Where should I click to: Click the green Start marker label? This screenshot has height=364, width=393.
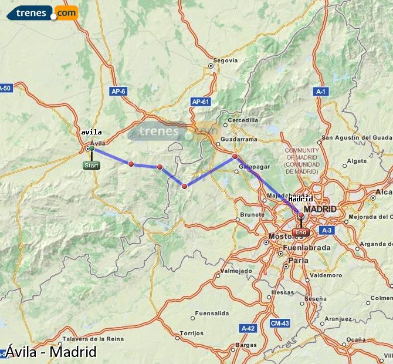click(92, 166)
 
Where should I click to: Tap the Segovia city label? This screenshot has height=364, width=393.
click(225, 60)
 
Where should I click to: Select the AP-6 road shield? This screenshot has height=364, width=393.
click(118, 91)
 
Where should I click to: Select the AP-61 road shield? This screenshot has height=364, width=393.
click(200, 102)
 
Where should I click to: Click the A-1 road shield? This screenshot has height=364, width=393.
click(321, 92)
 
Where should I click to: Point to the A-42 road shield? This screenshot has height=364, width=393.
click(248, 328)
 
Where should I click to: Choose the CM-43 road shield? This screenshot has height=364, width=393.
click(280, 323)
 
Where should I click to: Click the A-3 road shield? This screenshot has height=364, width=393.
click(327, 231)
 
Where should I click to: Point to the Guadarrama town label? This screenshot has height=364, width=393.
click(239, 139)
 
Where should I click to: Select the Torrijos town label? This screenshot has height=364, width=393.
click(192, 333)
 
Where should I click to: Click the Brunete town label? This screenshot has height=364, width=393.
click(253, 215)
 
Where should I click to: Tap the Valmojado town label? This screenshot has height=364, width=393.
click(235, 271)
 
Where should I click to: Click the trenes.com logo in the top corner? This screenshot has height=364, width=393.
click(42, 12)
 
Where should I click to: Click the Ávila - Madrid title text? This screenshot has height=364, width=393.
click(50, 352)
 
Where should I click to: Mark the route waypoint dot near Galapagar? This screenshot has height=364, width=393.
click(235, 157)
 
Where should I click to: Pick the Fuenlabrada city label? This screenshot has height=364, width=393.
click(306, 248)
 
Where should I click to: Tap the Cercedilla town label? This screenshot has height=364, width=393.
click(243, 120)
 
